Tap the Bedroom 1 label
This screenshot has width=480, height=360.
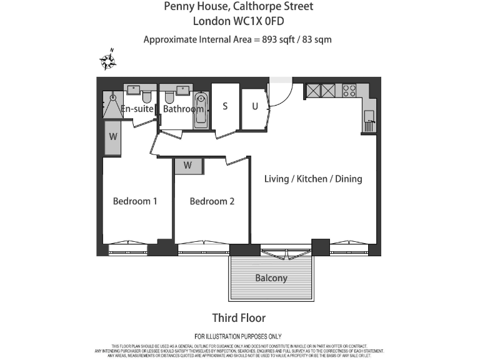(x=134, y=201)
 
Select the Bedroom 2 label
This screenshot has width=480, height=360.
(x=212, y=201)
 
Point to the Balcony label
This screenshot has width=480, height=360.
(x=271, y=278)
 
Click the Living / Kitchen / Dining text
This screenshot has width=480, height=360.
(x=313, y=179)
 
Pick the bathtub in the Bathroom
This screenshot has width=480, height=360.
(x=201, y=110)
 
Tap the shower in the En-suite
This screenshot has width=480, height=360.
(x=113, y=106)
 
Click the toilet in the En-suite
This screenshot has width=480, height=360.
(x=147, y=97)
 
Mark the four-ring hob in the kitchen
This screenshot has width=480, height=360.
(x=349, y=91)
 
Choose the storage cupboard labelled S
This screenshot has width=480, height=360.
(x=225, y=106)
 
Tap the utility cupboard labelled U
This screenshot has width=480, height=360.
(x=254, y=106)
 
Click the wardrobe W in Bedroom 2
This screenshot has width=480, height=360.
(x=188, y=166)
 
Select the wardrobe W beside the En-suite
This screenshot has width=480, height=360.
(x=113, y=137)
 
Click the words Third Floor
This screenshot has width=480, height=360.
(x=239, y=318)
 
